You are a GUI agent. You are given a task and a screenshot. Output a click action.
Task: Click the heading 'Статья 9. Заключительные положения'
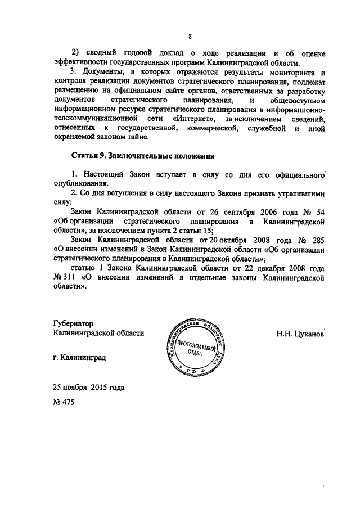pyautogui.click(x=143, y=155)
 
